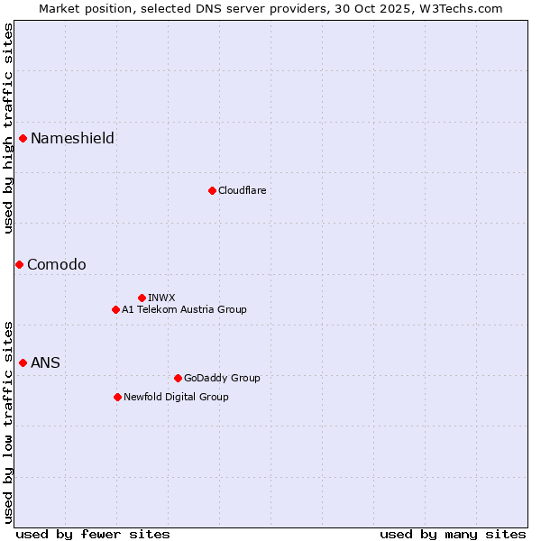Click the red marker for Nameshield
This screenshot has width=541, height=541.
click(23, 138)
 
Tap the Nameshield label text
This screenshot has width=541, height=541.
click(72, 138)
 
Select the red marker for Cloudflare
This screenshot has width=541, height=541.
click(212, 190)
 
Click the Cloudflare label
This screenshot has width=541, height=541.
click(242, 190)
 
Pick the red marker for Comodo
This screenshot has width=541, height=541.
click(19, 264)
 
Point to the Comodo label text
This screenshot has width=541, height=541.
click(57, 264)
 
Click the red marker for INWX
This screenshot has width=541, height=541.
click(142, 298)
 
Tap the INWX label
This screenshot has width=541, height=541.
click(161, 298)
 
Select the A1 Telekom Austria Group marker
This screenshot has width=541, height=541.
click(115, 309)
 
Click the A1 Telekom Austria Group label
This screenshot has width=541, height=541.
click(184, 309)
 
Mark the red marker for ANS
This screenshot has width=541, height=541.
click(23, 362)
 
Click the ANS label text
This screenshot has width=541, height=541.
click(45, 362)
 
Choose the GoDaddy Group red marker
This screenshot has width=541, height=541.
click(178, 378)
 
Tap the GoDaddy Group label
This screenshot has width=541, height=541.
click(222, 378)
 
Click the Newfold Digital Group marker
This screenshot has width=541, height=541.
click(117, 397)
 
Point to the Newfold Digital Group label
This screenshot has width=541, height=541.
click(176, 397)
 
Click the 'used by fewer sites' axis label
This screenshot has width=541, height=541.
click(93, 534)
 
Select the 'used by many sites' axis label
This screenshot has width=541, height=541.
click(453, 534)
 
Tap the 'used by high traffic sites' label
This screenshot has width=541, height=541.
click(8, 128)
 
